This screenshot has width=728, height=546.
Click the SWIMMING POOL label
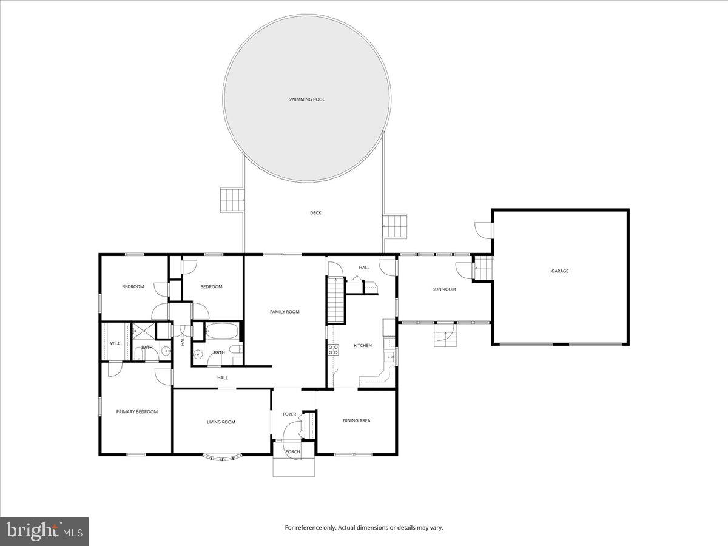306,99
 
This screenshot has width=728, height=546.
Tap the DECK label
315,213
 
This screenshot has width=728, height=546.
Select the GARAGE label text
559,271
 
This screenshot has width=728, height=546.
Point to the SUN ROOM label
443,289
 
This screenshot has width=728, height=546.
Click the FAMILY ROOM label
285,312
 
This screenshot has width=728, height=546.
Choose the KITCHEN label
363,346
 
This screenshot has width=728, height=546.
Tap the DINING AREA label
356,420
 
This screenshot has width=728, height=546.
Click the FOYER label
289,414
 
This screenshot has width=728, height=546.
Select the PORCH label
292,451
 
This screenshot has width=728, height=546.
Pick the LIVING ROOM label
221,422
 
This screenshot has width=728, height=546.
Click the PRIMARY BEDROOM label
137,412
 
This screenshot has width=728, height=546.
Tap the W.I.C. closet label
116,343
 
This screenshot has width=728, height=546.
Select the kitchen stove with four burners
333,349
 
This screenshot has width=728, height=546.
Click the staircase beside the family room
335,300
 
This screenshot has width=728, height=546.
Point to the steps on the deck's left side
232,199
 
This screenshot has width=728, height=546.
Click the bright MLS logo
44,531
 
